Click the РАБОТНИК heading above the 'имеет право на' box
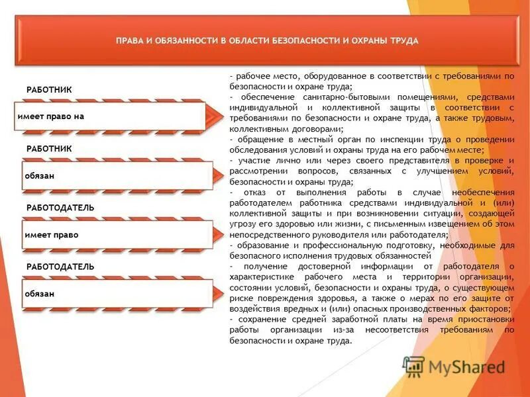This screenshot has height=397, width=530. click(x=49, y=89)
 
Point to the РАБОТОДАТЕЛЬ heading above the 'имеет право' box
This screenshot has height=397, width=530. click(x=60, y=208)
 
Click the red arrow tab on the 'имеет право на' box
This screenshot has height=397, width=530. click(x=213, y=116)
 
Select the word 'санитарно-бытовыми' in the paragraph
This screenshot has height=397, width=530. click(x=323, y=97)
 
